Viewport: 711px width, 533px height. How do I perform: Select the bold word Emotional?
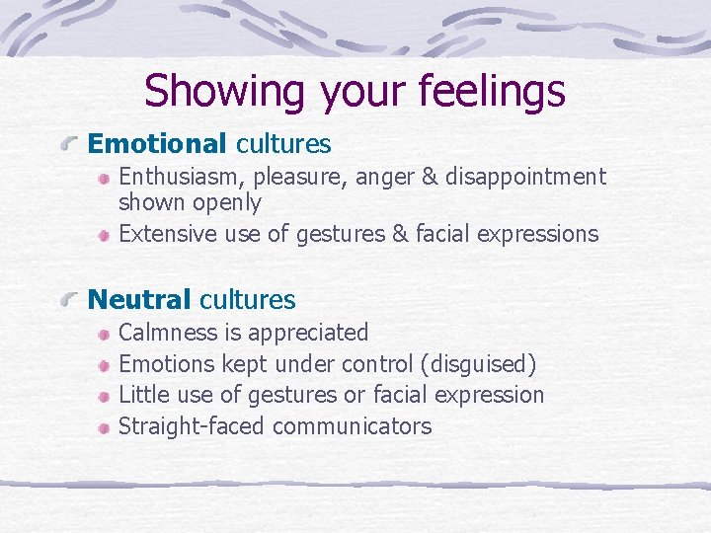coord(157,144)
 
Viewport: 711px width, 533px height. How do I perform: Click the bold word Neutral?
coord(139,299)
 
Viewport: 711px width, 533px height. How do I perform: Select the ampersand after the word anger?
coord(432,177)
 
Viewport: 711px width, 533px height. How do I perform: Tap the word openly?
coord(228,203)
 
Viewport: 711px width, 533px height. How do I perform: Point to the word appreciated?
coord(307,333)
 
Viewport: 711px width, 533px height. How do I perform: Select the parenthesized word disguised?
coord(478,364)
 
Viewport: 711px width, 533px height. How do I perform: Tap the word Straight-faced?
coord(192,426)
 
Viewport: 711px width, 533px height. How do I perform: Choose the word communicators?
coord(353,426)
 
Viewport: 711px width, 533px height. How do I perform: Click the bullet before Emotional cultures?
coord(69,145)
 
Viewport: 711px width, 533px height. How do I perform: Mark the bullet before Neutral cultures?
coord(69,300)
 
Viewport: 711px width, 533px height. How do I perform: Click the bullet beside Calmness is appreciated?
coord(104,334)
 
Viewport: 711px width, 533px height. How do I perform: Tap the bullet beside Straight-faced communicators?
coord(104,427)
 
